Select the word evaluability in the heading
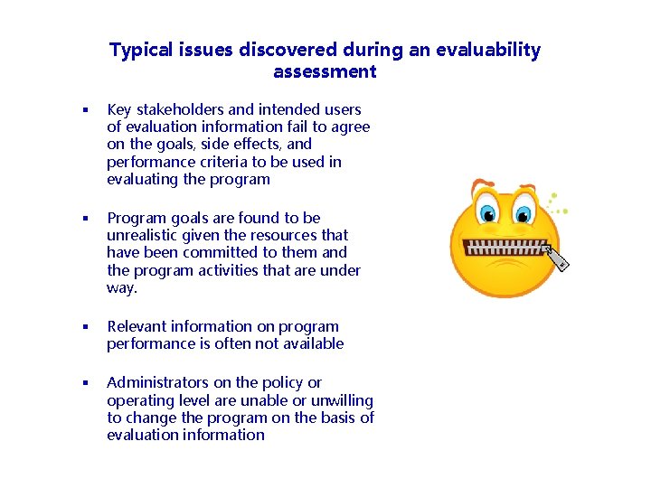(487, 51)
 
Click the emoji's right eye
(523, 214)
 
